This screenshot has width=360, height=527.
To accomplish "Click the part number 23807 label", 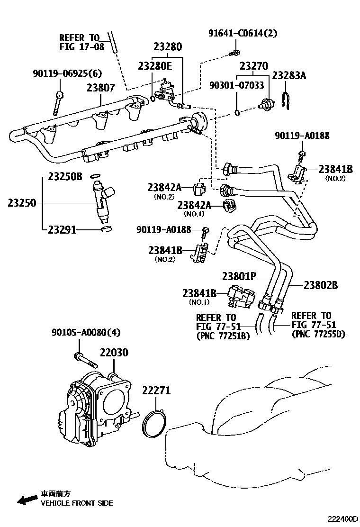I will pos(100,88).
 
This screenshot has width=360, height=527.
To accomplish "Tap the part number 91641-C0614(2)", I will pos(243,33).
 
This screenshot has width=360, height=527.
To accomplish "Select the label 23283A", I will pos(289,75).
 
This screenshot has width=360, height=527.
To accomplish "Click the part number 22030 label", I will pos(114,353).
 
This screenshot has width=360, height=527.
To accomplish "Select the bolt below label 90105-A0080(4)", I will pos(85,360).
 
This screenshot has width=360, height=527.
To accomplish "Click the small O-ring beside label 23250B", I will pos(95,177).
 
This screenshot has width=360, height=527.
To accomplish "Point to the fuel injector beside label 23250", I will pos(103,201).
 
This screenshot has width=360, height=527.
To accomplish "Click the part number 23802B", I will pos(321,285).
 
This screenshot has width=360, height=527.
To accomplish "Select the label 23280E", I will pos(155,66).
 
